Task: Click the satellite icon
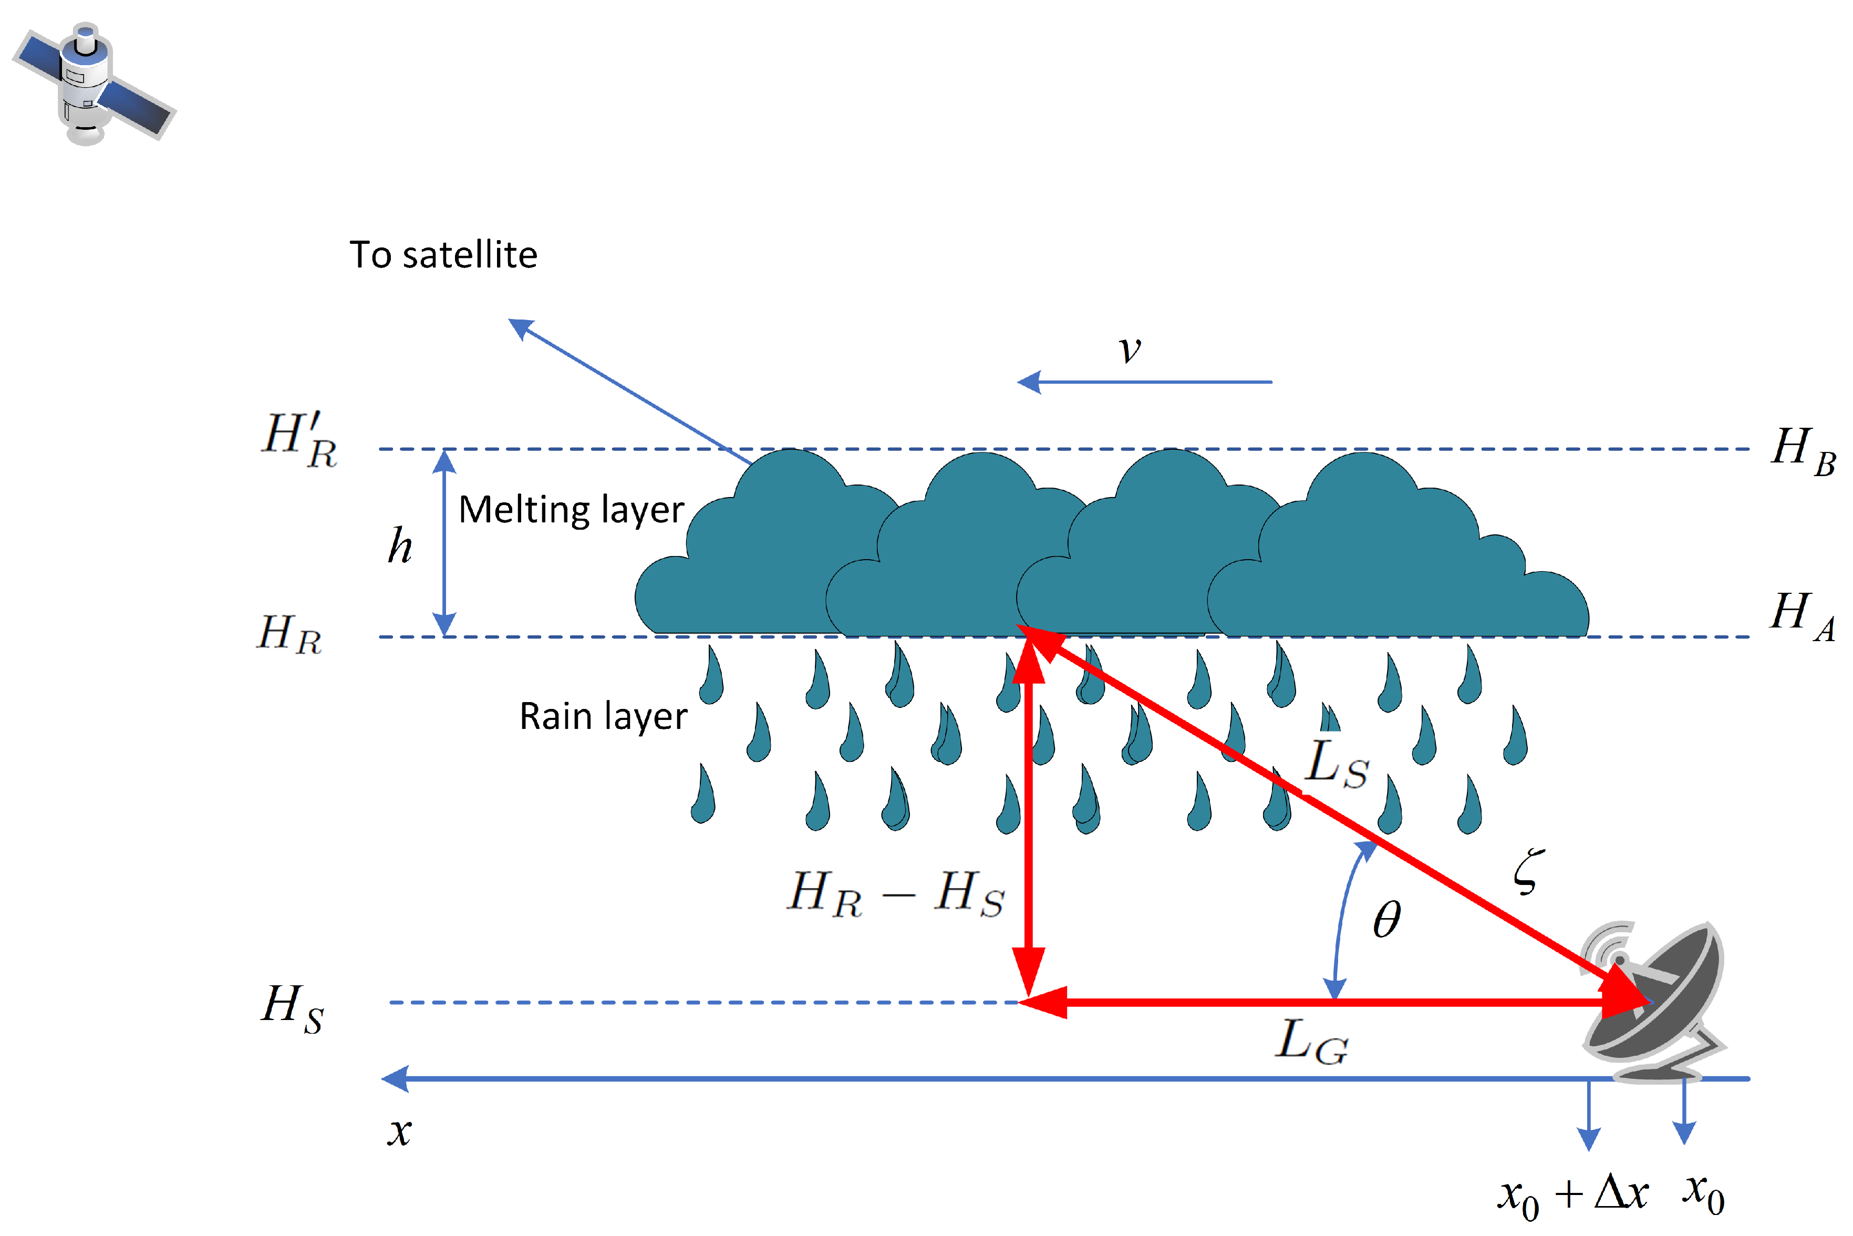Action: point(93,83)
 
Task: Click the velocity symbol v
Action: point(1130,348)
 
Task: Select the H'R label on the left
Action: point(300,440)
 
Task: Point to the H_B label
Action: point(1803,451)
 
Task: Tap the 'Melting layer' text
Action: point(571,510)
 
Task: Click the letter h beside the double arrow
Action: point(399,545)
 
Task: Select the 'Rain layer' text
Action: point(603,717)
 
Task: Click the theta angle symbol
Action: point(1386,920)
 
